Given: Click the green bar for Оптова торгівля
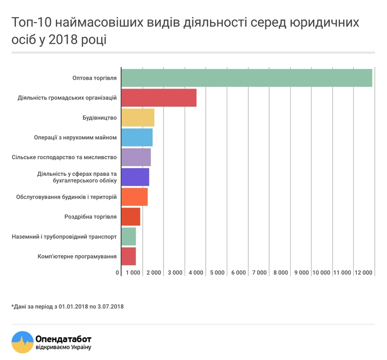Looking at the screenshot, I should click(247, 78).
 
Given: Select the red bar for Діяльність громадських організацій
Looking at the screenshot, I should click(159, 98).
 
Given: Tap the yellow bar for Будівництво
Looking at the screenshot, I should click(137, 118).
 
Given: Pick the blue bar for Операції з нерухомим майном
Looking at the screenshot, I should click(137, 137).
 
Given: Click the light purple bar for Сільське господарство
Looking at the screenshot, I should click(135, 157).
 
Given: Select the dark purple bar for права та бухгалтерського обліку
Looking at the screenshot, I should click(135, 177).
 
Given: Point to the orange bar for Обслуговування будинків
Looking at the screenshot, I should click(134, 197).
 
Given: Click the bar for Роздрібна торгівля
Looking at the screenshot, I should click(130, 217).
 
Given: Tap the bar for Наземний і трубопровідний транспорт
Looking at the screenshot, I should click(128, 237).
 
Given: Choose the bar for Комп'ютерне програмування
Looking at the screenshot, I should click(128, 256).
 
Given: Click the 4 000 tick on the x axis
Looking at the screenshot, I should click(196, 273).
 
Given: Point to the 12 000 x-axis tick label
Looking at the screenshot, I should click(363, 273).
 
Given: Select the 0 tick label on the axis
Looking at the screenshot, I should click(118, 273).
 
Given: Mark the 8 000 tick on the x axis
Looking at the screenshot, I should click(280, 273).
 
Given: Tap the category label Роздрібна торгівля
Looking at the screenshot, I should click(91, 217).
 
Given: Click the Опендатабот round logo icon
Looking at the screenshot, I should click(22, 342).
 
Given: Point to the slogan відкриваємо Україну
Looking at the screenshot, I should click(62, 347).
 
